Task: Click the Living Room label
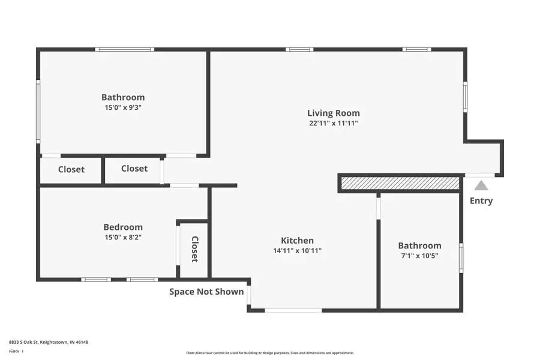334,113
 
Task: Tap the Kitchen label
297,241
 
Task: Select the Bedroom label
123,227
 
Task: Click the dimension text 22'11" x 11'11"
334,124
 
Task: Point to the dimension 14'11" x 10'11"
297,251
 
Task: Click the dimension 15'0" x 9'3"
123,108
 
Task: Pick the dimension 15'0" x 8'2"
123,237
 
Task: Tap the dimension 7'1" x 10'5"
419,256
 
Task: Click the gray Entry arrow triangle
481,186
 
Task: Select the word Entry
481,201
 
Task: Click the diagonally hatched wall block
400,183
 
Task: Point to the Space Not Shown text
206,292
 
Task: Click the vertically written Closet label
194,249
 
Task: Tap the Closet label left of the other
71,169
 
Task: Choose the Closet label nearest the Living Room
134,169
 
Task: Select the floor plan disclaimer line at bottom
270,353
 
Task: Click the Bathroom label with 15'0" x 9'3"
123,97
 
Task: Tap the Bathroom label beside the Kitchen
419,245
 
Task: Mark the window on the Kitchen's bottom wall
293,310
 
